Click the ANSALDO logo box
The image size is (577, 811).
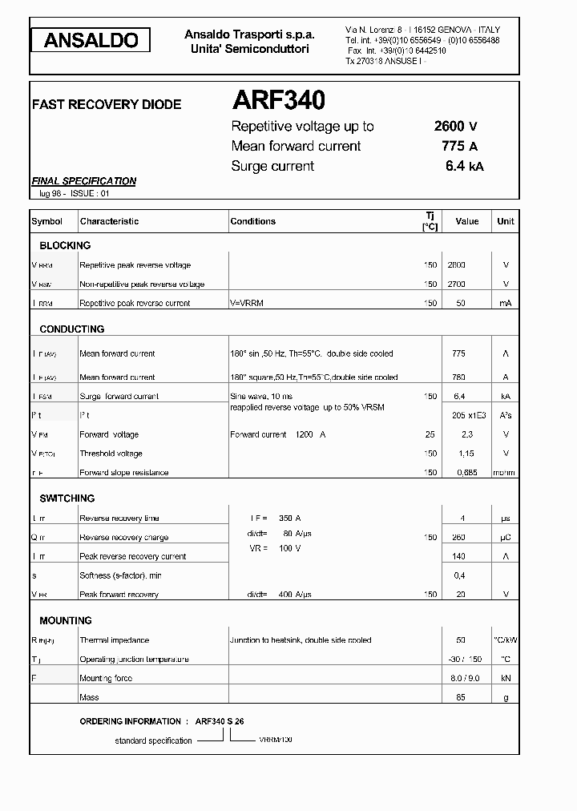pyautogui.click(x=91, y=40)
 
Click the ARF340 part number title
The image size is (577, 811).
pyautogui.click(x=278, y=100)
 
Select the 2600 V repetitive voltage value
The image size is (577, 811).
pyautogui.click(x=456, y=126)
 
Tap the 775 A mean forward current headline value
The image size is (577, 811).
pyautogui.click(x=459, y=146)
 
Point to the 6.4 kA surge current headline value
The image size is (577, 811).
pyautogui.click(x=464, y=166)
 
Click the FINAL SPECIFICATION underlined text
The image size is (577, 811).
pyautogui.click(x=83, y=181)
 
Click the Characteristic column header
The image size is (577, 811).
pyautogui.click(x=109, y=221)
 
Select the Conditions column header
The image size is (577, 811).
pyautogui.click(x=252, y=221)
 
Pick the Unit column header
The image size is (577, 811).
pyautogui.click(x=506, y=221)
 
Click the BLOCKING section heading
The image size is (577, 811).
pyautogui.click(x=65, y=245)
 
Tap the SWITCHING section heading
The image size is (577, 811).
pyautogui.click(x=67, y=498)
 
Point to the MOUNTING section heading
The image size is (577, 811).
pyautogui.click(x=66, y=620)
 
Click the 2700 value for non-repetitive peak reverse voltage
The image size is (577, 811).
pyautogui.click(x=456, y=284)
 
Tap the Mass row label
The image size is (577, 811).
pyautogui.click(x=89, y=697)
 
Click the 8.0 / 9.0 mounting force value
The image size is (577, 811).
pyautogui.click(x=465, y=678)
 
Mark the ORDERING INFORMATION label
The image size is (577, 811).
pyautogui.click(x=130, y=721)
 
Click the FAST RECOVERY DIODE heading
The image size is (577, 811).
pyautogui.click(x=106, y=104)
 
